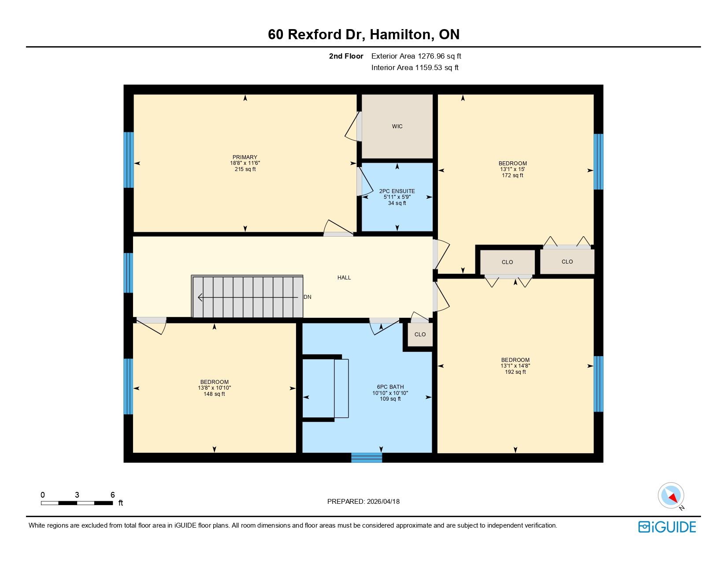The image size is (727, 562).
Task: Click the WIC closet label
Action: pos(397,126)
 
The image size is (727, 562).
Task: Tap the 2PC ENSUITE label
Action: pos(397,191)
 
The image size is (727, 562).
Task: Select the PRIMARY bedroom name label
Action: pos(245,157)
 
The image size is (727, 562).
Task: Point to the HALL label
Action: pos(344,278)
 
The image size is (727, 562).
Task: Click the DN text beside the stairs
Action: pos(307,297)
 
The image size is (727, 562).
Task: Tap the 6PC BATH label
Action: pos(390,387)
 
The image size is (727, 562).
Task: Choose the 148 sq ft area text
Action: pos(214,394)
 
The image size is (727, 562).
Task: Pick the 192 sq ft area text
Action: pos(515,372)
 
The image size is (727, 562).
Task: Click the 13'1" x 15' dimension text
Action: pos(512,169)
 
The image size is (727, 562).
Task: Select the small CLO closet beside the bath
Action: pos(420,335)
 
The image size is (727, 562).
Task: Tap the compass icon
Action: pos(671,496)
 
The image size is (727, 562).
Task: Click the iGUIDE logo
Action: pos(667,527)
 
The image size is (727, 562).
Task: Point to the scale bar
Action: pos(77,503)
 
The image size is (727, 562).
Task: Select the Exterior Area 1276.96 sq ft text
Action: pos(416,56)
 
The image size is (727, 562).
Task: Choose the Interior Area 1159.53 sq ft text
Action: pos(415,67)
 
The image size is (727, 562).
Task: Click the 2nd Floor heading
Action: pos(346,56)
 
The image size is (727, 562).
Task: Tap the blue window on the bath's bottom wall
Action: pos(366,458)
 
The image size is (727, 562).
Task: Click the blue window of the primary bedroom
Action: pos(129,160)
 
